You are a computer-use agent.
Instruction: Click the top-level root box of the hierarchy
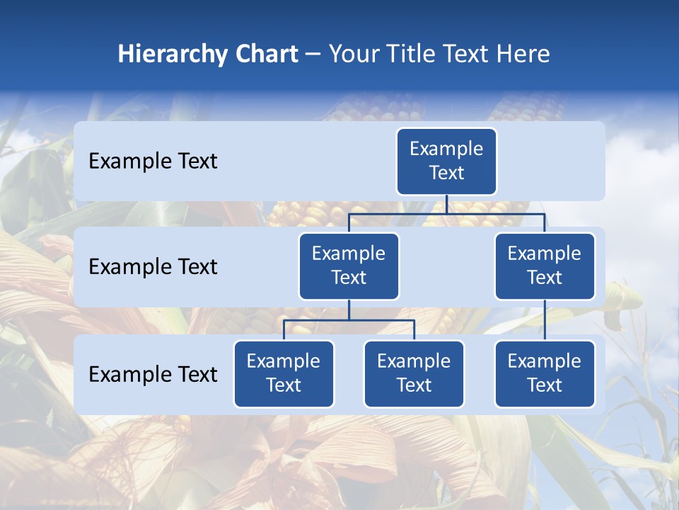446,161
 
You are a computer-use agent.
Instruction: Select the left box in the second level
349,266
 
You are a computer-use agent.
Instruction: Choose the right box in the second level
545,266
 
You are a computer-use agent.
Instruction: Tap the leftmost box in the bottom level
284,374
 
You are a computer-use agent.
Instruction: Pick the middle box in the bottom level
414,374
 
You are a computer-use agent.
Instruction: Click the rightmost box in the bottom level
545,374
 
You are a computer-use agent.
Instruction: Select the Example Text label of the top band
153,161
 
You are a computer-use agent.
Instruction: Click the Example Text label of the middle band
153,267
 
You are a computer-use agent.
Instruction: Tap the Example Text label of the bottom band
153,374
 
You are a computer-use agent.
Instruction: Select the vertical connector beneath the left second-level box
349,310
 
